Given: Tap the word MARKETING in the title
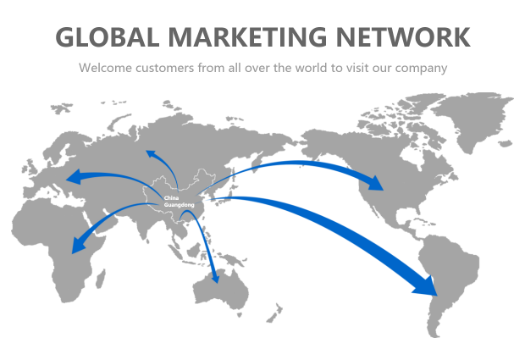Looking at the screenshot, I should click(247, 37).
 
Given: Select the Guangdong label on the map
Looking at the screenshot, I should click(178, 205).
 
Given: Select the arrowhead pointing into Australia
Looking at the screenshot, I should click(216, 277).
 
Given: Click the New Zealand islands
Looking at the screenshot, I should click(274, 314).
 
